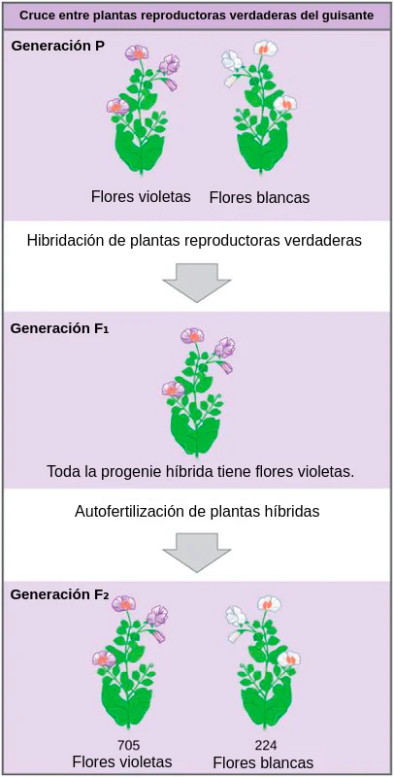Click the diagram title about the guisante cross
coord(196,16)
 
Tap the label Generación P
coord(57,46)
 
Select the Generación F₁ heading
coord(59,328)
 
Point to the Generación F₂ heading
coord(59,595)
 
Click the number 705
coord(130,745)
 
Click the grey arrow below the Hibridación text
coord(197,283)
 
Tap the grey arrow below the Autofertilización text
coord(197,552)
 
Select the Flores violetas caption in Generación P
coord(141,197)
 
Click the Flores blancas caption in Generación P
coord(259,198)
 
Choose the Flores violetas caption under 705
coord(122,761)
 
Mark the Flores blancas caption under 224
coord(264,762)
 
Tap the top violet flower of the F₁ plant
coord(192,336)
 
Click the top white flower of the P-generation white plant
coord(266,48)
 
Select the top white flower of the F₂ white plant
coord(269,603)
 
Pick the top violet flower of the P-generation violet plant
coord(137,52)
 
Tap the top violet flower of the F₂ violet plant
coord(124,603)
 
